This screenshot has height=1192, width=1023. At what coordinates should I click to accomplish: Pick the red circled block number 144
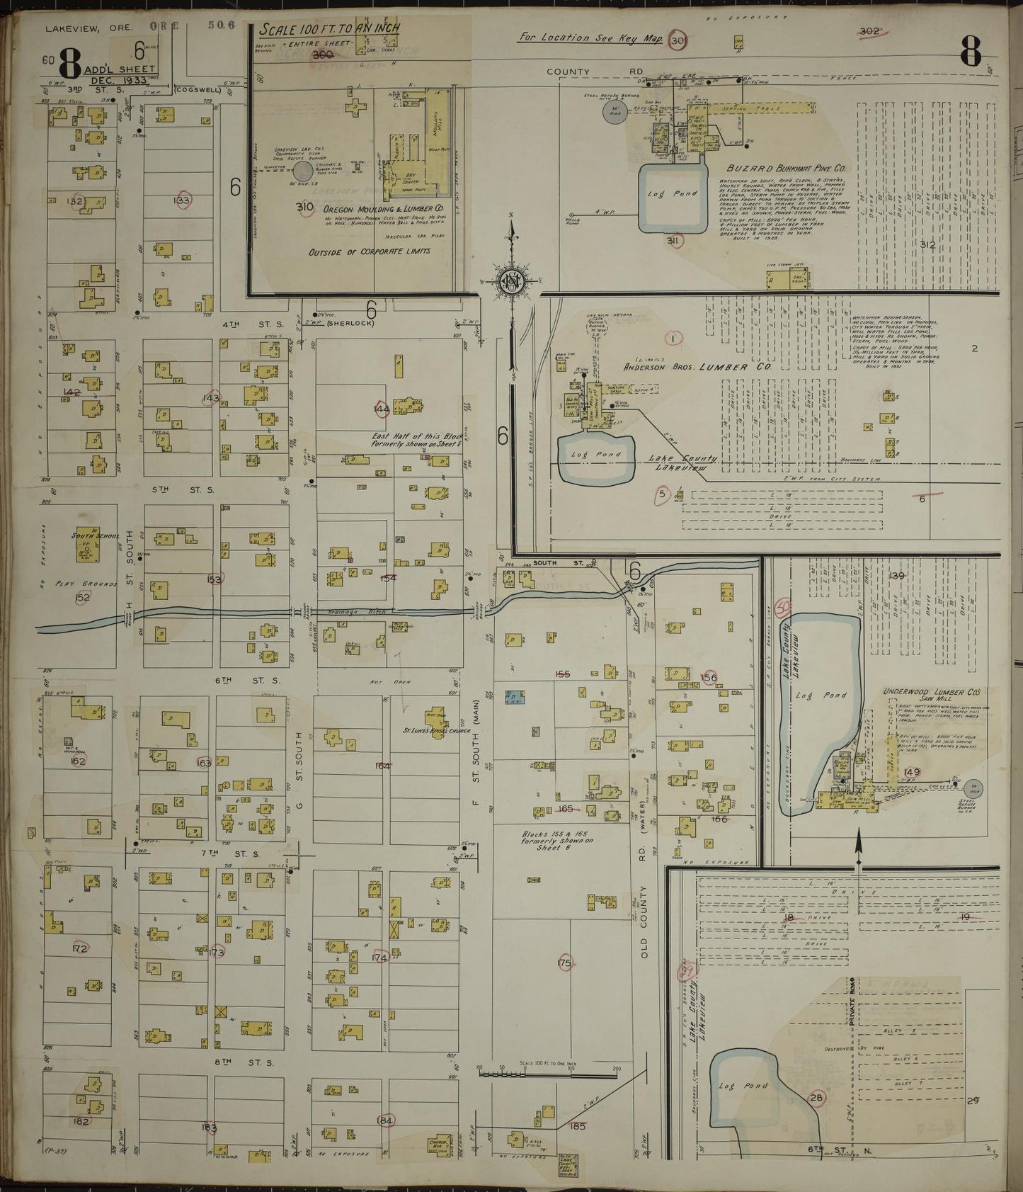point(382,409)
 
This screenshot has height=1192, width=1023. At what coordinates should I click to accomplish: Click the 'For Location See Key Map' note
point(590,38)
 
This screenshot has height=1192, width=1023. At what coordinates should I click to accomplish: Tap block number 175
point(564,963)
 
